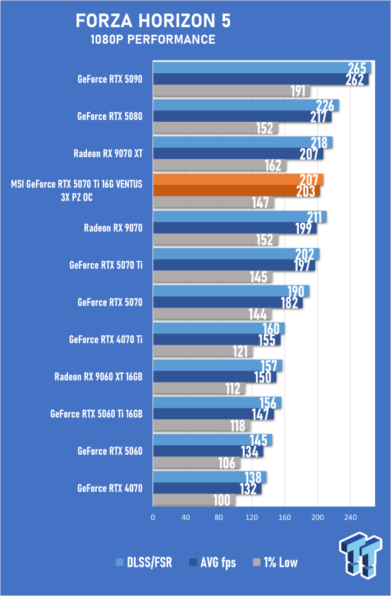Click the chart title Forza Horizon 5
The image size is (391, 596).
(153, 21)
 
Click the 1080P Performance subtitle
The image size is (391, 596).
(153, 39)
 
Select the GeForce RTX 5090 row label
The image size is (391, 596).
(110, 79)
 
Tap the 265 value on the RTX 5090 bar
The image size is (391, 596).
(357, 68)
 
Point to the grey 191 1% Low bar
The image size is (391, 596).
(231, 91)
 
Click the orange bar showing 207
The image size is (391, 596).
(238, 180)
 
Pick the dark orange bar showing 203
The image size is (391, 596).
(236, 191)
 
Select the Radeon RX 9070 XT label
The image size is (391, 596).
(108, 153)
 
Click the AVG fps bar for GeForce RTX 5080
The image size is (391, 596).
(242, 117)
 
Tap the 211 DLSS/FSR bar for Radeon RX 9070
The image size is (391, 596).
(240, 217)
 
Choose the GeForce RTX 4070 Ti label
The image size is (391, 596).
(105, 340)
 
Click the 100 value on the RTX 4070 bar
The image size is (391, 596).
(222, 500)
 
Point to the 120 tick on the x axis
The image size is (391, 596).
(251, 517)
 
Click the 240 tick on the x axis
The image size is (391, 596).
(351, 517)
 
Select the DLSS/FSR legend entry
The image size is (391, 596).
(144, 563)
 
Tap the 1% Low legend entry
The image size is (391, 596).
(275, 563)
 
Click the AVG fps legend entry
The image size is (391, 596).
(213, 563)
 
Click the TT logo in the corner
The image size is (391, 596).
(360, 555)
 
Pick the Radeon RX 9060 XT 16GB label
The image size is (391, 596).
(98, 377)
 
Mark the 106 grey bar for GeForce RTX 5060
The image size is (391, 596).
(196, 463)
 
